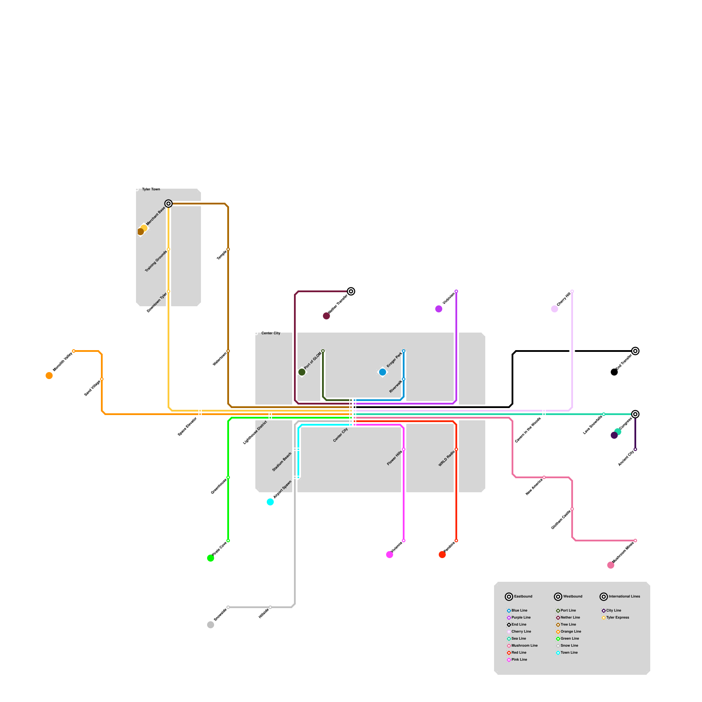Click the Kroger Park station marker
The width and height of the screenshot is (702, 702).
[404, 351]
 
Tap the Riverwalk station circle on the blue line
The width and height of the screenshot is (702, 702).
[404, 379]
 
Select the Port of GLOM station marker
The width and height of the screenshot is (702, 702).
[323, 351]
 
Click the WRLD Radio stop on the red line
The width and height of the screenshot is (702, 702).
[456, 449]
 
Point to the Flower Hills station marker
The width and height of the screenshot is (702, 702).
[404, 449]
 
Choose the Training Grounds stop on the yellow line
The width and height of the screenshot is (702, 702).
[168, 249]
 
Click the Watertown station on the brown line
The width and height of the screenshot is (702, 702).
[228, 351]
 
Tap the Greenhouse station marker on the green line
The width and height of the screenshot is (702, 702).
[228, 477]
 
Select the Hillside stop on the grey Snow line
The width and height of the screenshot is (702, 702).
[270, 607]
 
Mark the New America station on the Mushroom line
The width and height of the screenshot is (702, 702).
[544, 477]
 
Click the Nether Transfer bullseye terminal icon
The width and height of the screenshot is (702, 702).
[351, 291]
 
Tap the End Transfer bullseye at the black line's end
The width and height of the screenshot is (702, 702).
[635, 351]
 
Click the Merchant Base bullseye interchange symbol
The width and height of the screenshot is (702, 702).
[168, 204]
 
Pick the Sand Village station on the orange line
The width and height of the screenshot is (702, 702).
[102, 379]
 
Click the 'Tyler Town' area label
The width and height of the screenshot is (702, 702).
[151, 189]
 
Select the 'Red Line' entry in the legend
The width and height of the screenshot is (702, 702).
[519, 652]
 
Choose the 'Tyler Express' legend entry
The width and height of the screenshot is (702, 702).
[617, 617]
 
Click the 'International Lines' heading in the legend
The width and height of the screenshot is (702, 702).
[624, 596]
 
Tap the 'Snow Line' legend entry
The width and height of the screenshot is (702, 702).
[569, 645]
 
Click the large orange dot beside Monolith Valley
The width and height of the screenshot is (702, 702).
[49, 376]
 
